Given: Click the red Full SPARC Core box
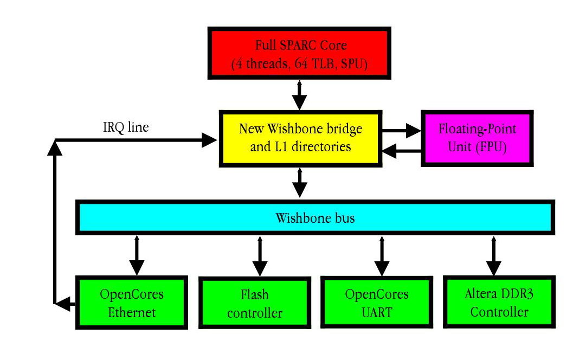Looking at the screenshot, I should (299, 54).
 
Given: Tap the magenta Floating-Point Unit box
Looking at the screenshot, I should (477, 138).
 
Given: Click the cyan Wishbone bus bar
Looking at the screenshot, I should (315, 218).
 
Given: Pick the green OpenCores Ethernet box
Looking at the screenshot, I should (132, 303).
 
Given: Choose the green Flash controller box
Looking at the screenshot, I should (255, 304).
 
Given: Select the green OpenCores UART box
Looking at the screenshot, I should (377, 303).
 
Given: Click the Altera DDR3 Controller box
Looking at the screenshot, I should (499, 303).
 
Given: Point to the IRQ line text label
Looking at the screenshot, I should (126, 127).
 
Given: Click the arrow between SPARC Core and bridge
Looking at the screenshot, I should (299, 95).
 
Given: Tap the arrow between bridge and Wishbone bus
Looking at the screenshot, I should (299, 182).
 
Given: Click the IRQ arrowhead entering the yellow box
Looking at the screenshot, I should (209, 140).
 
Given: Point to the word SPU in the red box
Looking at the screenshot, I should (353, 65).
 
